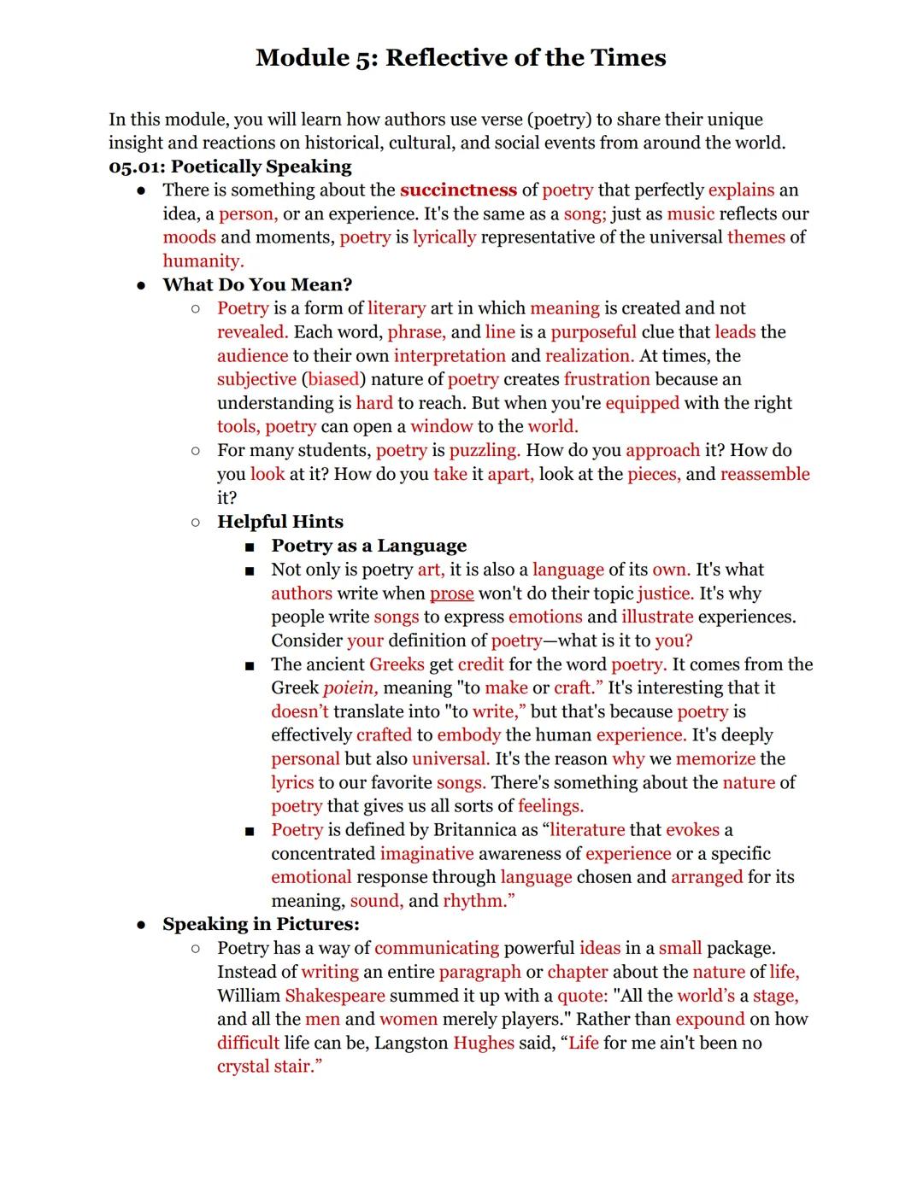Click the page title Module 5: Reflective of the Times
461,58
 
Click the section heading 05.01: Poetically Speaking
230,167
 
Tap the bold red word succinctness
458,190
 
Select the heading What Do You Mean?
257,284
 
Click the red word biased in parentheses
333,379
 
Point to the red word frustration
607,379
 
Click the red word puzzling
484,450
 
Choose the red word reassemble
764,474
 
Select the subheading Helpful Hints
280,522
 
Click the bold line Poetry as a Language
369,546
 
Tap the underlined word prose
451,594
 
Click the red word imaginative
426,854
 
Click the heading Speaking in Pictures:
261,924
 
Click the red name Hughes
483,1043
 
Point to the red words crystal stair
267,1067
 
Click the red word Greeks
397,664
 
